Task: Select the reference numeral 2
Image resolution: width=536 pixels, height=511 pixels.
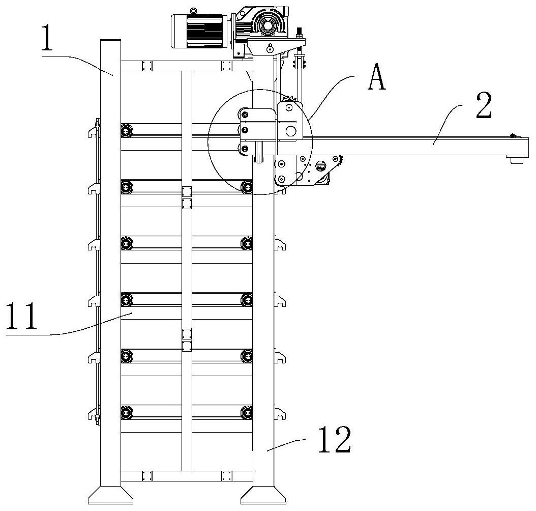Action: pos(484,105)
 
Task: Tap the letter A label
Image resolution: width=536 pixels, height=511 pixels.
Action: pos(376,78)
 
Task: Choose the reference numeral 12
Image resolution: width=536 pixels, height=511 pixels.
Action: pos(334,440)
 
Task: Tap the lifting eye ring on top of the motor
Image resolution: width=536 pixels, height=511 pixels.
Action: pos(193,11)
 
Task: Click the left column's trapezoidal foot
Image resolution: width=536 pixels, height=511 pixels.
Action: pos(110,494)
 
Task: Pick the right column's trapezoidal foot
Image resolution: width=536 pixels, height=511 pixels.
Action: pos(263,495)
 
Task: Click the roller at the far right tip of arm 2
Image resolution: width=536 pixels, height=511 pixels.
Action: pos(517,160)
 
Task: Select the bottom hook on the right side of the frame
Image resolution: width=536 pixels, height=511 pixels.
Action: pos(280,414)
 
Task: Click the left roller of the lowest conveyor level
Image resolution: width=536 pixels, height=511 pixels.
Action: pos(127,412)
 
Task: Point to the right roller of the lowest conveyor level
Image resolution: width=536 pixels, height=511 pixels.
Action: pos(247,412)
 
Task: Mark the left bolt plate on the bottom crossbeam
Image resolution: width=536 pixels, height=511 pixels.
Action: pos(147,476)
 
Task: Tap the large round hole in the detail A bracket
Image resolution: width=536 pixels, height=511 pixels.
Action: pos(290,130)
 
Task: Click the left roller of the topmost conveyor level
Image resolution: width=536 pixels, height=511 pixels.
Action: pos(127,131)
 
